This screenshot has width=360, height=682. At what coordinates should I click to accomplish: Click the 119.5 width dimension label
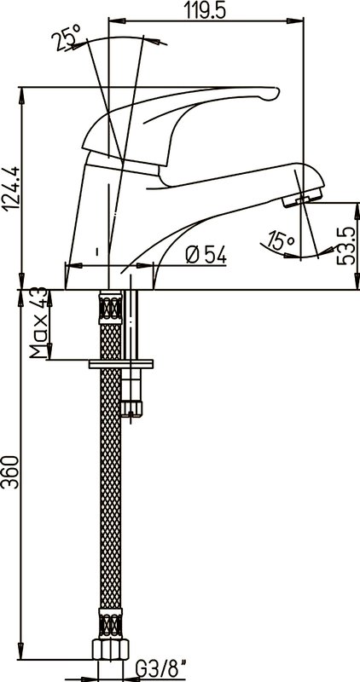(206, 9)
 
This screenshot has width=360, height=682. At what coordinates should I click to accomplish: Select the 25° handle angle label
(66, 38)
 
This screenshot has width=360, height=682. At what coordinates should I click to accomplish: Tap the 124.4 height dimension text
(10, 188)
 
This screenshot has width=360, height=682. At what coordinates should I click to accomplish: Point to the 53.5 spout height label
(348, 246)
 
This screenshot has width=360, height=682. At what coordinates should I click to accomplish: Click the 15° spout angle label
(281, 241)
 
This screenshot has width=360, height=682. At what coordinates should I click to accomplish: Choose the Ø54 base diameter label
(206, 255)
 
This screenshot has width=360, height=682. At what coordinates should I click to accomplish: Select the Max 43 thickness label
(38, 323)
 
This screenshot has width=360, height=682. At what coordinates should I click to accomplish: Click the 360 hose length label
(10, 472)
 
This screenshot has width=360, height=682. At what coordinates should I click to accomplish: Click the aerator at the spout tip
(302, 198)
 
